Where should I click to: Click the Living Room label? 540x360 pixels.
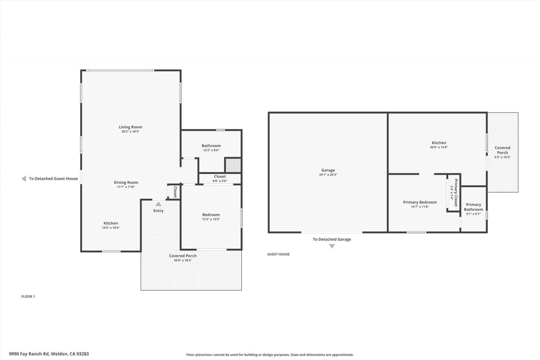[x=130, y=127]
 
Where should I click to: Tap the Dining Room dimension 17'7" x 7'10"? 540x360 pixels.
[x=126, y=187]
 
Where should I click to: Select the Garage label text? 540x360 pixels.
[x=328, y=170]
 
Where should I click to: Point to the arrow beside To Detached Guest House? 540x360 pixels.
[x=24, y=179]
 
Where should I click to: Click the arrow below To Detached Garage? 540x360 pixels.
[x=332, y=246]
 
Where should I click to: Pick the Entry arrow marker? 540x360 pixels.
[x=158, y=204]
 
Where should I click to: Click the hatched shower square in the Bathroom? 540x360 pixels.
[x=233, y=165]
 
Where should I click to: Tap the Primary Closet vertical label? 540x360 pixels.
[x=456, y=193]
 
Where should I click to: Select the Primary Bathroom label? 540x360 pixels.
[x=474, y=207]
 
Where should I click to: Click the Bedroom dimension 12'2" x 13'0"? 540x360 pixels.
[x=211, y=219]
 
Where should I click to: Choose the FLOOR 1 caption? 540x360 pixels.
[x=28, y=297]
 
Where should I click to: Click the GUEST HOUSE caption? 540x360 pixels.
[x=278, y=254]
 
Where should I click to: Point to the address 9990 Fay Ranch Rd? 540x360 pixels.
[x=49, y=354]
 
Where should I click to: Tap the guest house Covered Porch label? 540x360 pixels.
[x=503, y=150]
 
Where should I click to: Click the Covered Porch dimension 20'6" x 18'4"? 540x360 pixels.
[x=183, y=260]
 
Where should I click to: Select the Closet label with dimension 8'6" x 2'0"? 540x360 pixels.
[x=220, y=176]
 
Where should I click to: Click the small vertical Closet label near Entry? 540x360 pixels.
[x=175, y=192]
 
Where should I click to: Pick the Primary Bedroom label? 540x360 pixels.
[x=420, y=202]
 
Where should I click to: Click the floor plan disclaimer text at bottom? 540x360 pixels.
[x=270, y=355]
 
